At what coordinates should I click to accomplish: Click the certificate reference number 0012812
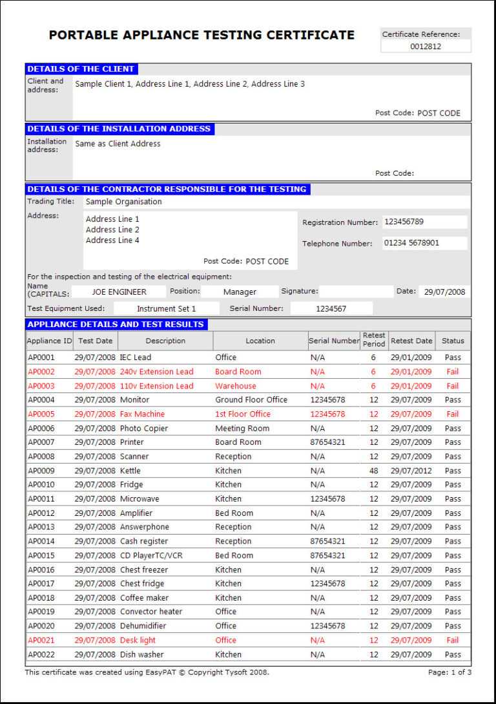pos(426,47)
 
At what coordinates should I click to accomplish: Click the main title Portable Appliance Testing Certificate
pos(201,35)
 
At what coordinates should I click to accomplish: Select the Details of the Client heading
pos(81,69)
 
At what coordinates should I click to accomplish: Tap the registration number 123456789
pos(404,222)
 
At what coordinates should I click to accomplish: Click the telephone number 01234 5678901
pos(411,243)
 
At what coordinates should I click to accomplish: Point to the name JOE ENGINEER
pos(119,292)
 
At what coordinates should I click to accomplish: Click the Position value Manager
pos(240,292)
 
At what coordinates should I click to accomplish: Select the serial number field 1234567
pos(331,309)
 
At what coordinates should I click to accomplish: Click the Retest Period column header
pos(374,340)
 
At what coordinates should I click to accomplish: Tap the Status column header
pos(453,341)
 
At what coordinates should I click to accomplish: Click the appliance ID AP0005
pos(41,414)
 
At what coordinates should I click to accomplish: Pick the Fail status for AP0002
pos(453,372)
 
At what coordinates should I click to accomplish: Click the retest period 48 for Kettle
pos(374,471)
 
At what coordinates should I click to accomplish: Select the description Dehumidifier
pos(143,626)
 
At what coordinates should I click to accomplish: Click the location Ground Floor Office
pos(251,400)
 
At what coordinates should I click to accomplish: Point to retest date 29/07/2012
pos(411,471)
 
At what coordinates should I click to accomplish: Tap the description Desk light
pos(138,640)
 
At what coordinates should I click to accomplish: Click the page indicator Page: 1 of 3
pos(449,672)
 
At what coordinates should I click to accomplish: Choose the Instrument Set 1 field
pos(166,309)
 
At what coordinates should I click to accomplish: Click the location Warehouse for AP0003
pos(235,386)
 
